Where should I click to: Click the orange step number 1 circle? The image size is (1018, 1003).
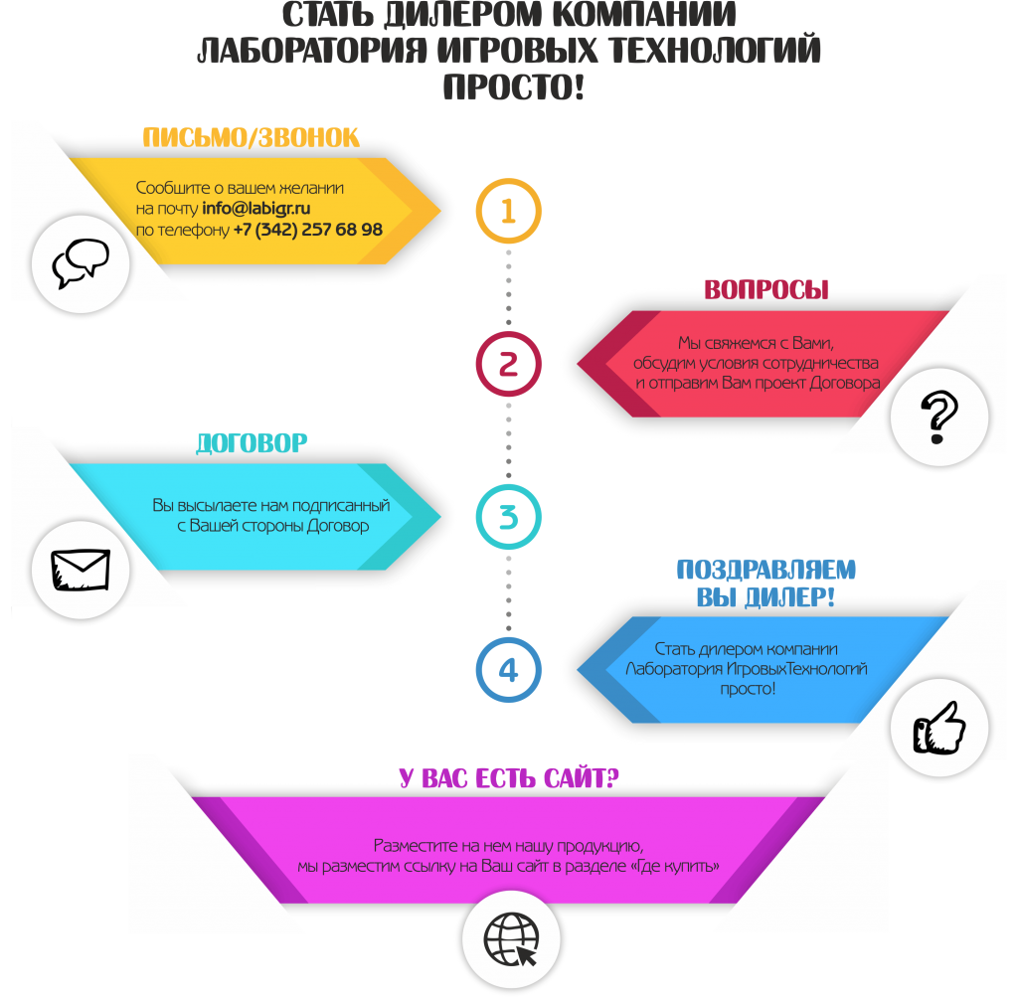click(x=508, y=180)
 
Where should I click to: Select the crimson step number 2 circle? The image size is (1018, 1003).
click(x=508, y=333)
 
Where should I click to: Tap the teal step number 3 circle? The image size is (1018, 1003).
click(x=508, y=486)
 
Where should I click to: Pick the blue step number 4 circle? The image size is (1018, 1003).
click(x=508, y=639)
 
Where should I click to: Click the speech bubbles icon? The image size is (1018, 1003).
click(x=81, y=263)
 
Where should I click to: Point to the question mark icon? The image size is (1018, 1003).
click(x=938, y=417)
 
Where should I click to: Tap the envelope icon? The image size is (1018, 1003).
click(x=81, y=570)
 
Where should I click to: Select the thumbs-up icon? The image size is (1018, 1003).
click(x=938, y=728)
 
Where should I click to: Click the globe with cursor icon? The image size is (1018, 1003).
click(x=511, y=939)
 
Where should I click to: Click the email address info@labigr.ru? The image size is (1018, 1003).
click(x=255, y=209)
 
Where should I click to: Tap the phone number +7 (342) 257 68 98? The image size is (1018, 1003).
click(x=308, y=230)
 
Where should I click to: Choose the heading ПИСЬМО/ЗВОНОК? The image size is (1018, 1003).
click(x=251, y=137)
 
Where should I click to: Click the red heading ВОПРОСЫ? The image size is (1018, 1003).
click(x=766, y=289)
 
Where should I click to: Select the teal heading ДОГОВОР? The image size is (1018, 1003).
click(x=252, y=442)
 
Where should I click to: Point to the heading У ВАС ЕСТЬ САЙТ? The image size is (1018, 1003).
click(x=509, y=777)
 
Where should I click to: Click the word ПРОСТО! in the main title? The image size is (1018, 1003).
click(x=514, y=87)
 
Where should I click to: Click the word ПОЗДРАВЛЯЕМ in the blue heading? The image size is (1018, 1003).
click(x=766, y=570)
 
